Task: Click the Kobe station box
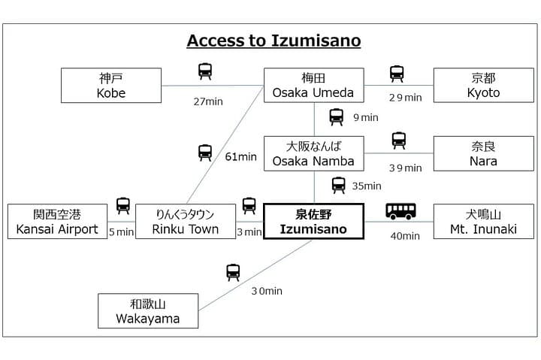[x=111, y=85]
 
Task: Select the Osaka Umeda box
[x=313, y=85]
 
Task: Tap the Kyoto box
[x=483, y=85]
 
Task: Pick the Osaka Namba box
[x=313, y=153]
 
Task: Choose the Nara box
[x=483, y=153]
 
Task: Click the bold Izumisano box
[x=313, y=221]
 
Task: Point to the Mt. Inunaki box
[x=483, y=221]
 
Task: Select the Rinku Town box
[x=186, y=221]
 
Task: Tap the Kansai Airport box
[x=57, y=221]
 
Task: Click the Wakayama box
[x=148, y=310]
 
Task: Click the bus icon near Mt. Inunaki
[x=400, y=211]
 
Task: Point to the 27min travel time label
[x=208, y=101]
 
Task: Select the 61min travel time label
[x=241, y=157]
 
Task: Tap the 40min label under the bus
[x=405, y=236]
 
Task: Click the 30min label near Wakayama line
[x=267, y=291]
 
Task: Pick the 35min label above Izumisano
[x=367, y=186]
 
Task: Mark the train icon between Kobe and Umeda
[x=205, y=71]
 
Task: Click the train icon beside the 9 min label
[x=336, y=117]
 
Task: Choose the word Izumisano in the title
[x=316, y=41]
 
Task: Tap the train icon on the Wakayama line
[x=233, y=272]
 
